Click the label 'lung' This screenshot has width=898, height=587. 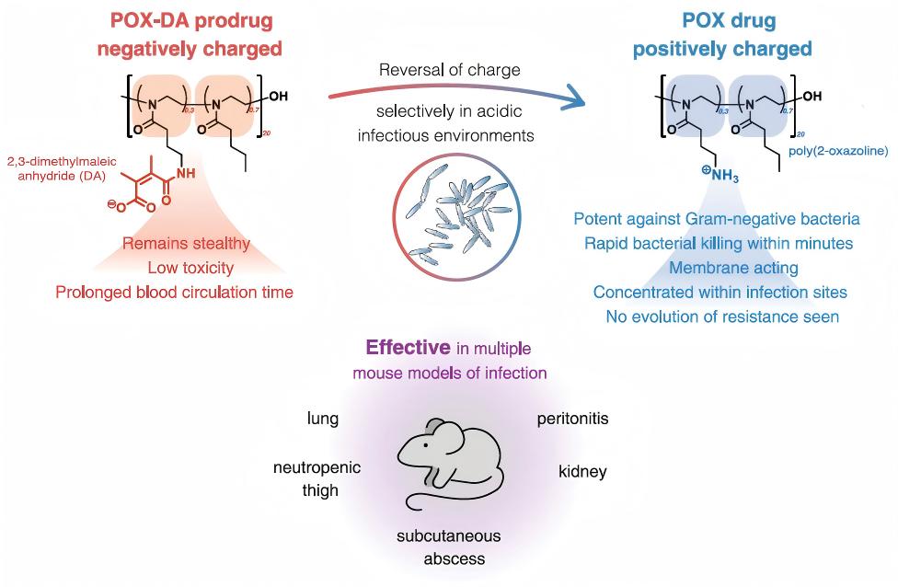tap(323, 419)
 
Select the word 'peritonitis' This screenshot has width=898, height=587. tap(572, 419)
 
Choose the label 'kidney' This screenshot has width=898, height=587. tap(582, 472)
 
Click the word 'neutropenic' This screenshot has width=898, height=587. tap(317, 468)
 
